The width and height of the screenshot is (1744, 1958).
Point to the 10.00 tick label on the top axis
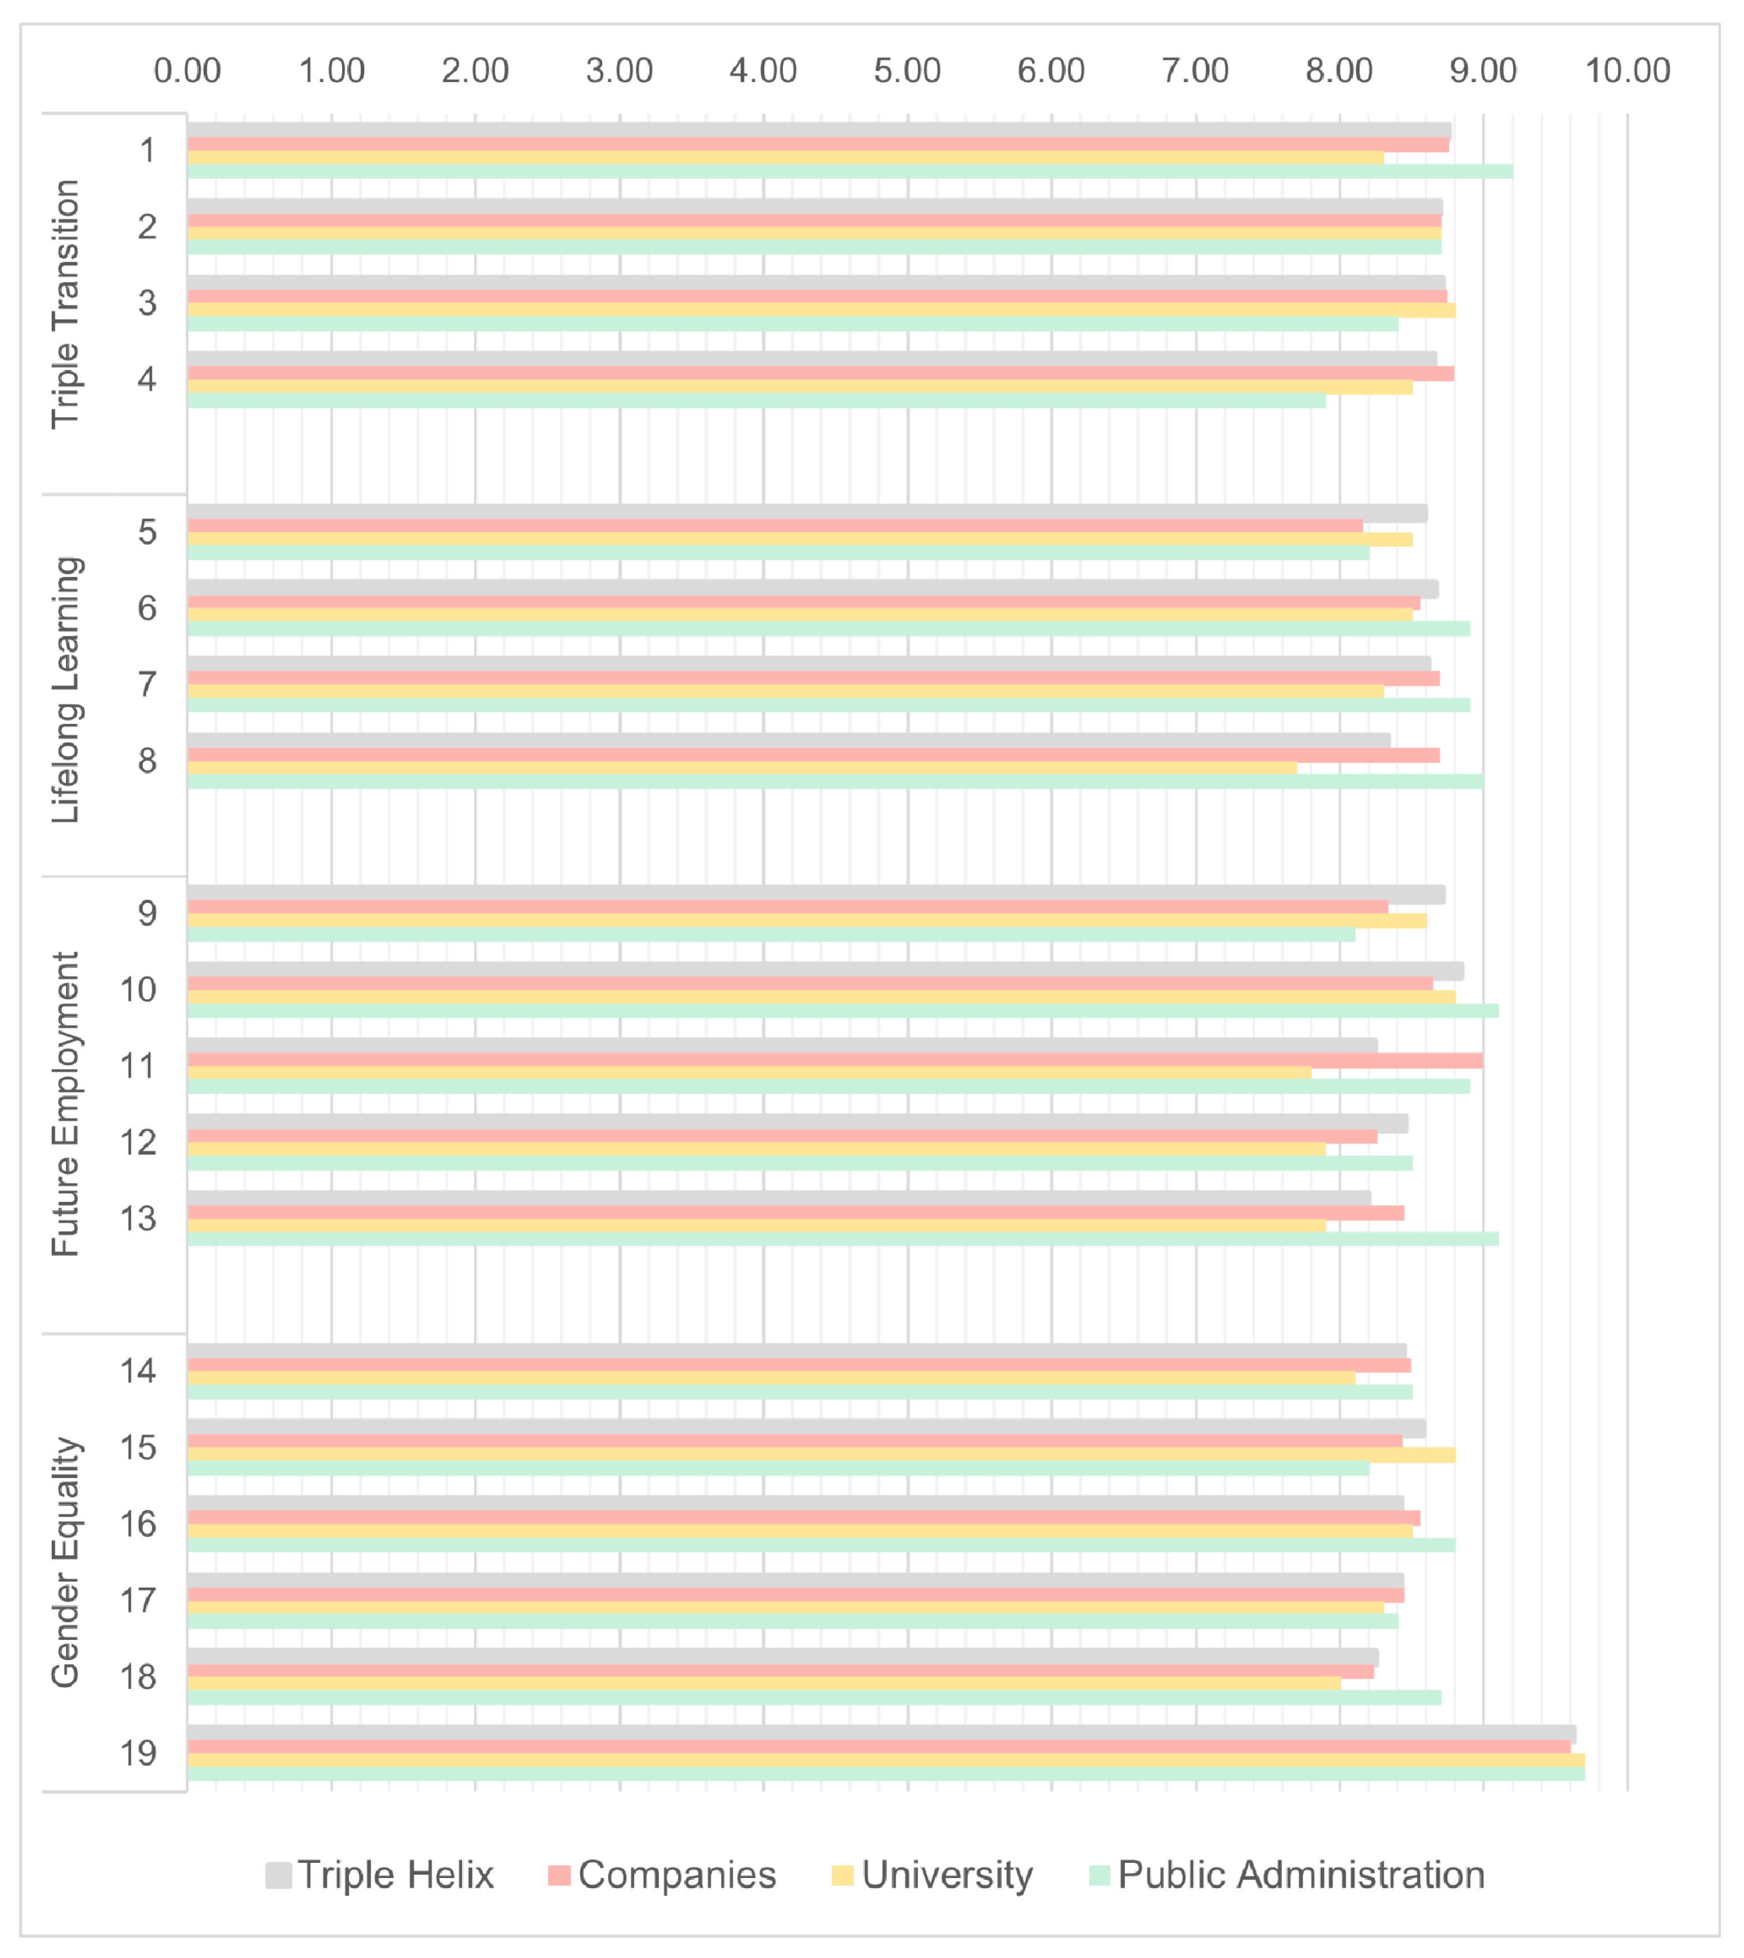pos(1627,71)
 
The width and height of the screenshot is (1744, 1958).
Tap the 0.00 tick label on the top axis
pos(188,71)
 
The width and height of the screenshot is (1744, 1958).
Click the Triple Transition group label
pos(65,304)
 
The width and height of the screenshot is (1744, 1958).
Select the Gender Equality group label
pos(65,1562)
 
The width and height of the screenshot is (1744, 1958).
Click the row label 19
pos(138,1753)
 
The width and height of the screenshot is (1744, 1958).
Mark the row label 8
pos(147,761)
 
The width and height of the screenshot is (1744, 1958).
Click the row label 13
pos(138,1219)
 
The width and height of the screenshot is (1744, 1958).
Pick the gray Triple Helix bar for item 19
pos(882,1734)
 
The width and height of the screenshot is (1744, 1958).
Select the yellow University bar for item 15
pos(821,1455)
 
